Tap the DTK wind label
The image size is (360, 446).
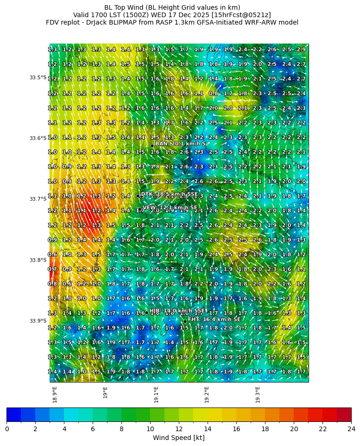pos(169,194)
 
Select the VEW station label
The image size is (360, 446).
pos(170,208)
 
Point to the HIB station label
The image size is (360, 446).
pos(177,311)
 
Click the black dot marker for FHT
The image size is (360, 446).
pos(185,321)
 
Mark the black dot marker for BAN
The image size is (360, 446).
pos(152,146)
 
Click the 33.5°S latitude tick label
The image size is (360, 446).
pos(38,77)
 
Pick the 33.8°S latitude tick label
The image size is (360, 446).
pos(38,260)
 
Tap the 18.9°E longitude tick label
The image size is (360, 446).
pos(55,395)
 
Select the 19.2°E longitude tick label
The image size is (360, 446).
pos(207,395)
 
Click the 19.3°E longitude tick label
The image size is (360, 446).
pos(258,395)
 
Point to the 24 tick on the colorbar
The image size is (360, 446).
pos(351,429)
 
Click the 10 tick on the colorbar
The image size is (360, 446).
pos(150,429)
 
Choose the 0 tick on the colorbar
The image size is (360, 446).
pos(7,429)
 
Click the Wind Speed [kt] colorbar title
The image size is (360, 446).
pos(179,438)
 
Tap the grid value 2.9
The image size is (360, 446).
pos(301,50)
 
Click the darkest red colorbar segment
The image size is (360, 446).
pos(344,414)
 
